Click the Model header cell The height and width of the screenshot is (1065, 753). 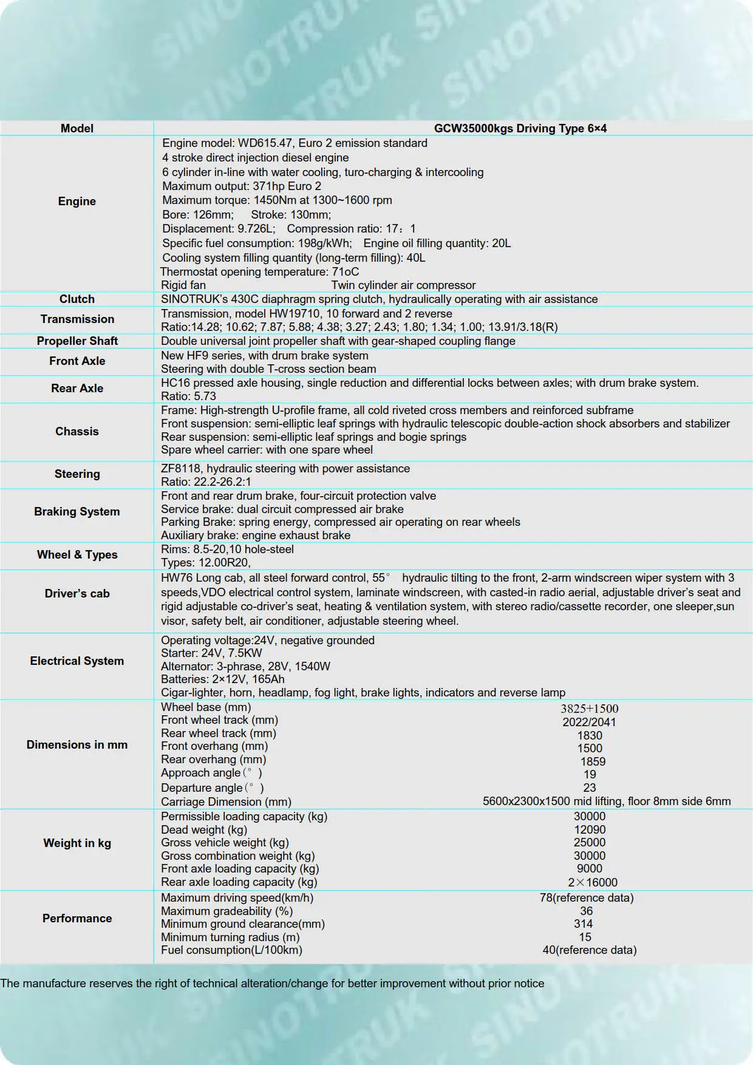pos(77,128)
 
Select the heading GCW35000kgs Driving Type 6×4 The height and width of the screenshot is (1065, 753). pos(520,128)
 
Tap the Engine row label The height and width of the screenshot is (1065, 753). pos(77,201)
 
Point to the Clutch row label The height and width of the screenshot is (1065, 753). pos(77,299)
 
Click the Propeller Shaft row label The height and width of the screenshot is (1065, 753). pos(77,341)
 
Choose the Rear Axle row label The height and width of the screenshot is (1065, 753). pos(77,388)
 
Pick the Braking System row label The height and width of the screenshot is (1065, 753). pos(77,511)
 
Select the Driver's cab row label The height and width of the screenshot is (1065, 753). pos(77,593)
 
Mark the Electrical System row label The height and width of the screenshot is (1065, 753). pos(77,661)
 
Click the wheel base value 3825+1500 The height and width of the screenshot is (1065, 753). pos(589,709)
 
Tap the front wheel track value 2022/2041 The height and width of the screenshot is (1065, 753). pos(589,722)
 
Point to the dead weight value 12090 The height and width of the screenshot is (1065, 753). pos(589,829)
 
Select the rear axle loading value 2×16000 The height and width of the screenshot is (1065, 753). pos(592,882)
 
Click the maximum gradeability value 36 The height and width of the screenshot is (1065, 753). pos(586,911)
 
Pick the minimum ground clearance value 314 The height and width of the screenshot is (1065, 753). pos(583,924)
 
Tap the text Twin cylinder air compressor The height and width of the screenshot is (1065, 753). pos(403,285)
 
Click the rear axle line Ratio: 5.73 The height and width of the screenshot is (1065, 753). pos(188,396)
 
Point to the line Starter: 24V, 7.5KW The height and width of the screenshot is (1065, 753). pos(211,653)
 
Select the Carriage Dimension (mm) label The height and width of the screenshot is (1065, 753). pos(226,801)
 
